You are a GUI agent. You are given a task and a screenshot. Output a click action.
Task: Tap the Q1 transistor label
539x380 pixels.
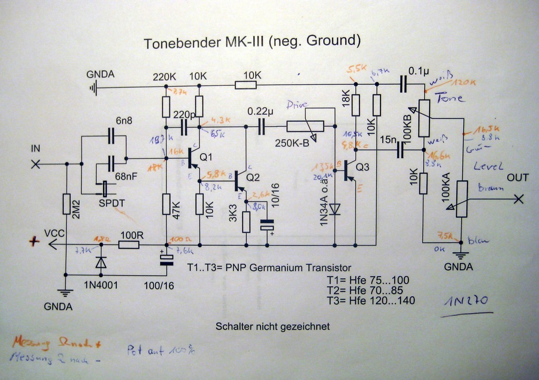pyautogui.click(x=206, y=157)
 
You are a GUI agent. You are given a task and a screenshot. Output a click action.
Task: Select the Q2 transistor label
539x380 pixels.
pyautogui.click(x=253, y=177)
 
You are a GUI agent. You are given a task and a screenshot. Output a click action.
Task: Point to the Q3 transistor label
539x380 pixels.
pyautogui.click(x=364, y=168)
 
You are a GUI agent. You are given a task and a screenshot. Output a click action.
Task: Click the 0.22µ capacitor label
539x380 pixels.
pyautogui.click(x=261, y=112)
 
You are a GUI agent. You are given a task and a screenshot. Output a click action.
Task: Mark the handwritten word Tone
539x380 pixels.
pyautogui.click(x=450, y=98)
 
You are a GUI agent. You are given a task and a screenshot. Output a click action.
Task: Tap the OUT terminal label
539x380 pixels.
pyautogui.click(x=517, y=178)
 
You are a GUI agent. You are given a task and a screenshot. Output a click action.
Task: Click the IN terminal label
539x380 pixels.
pyautogui.click(x=36, y=150)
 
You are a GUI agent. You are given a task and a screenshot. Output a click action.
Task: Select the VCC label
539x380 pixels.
pyautogui.click(x=55, y=232)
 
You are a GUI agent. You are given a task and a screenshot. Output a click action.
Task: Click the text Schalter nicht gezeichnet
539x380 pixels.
pyautogui.click(x=273, y=327)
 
